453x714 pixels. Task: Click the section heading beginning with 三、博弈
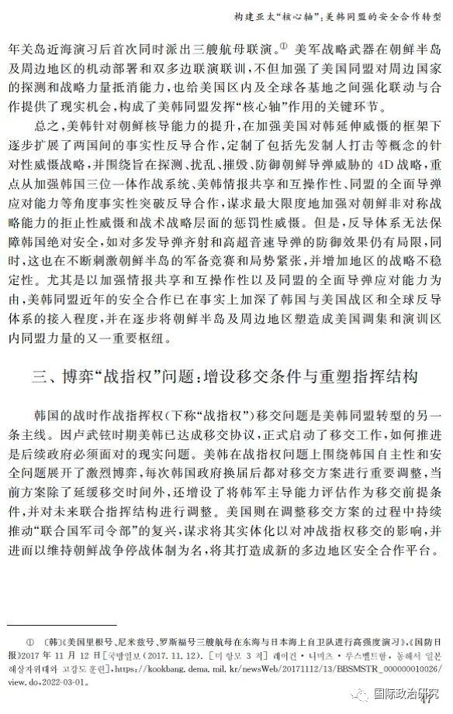tap(225, 379)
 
